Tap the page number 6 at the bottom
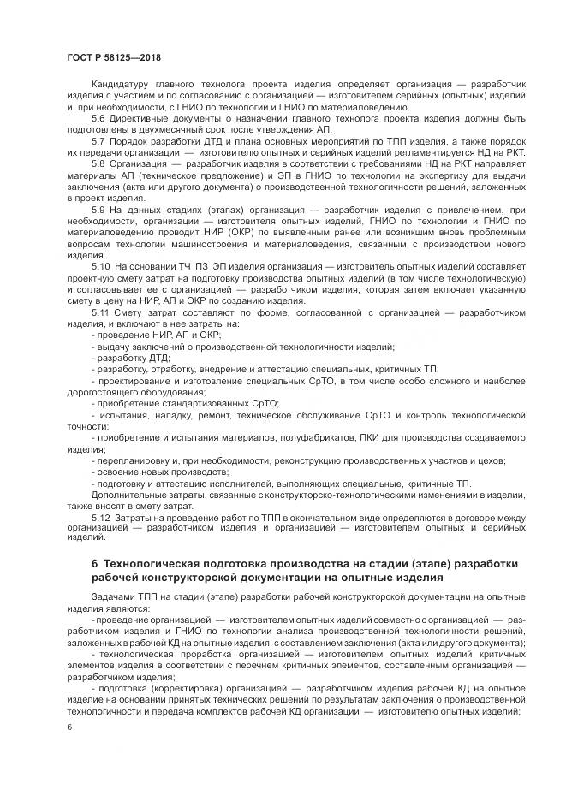pyautogui.click(x=68, y=727)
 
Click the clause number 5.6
pyautogui.click(x=98, y=118)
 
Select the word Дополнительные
pyautogui.click(x=128, y=495)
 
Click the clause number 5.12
pyautogui.click(x=101, y=518)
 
